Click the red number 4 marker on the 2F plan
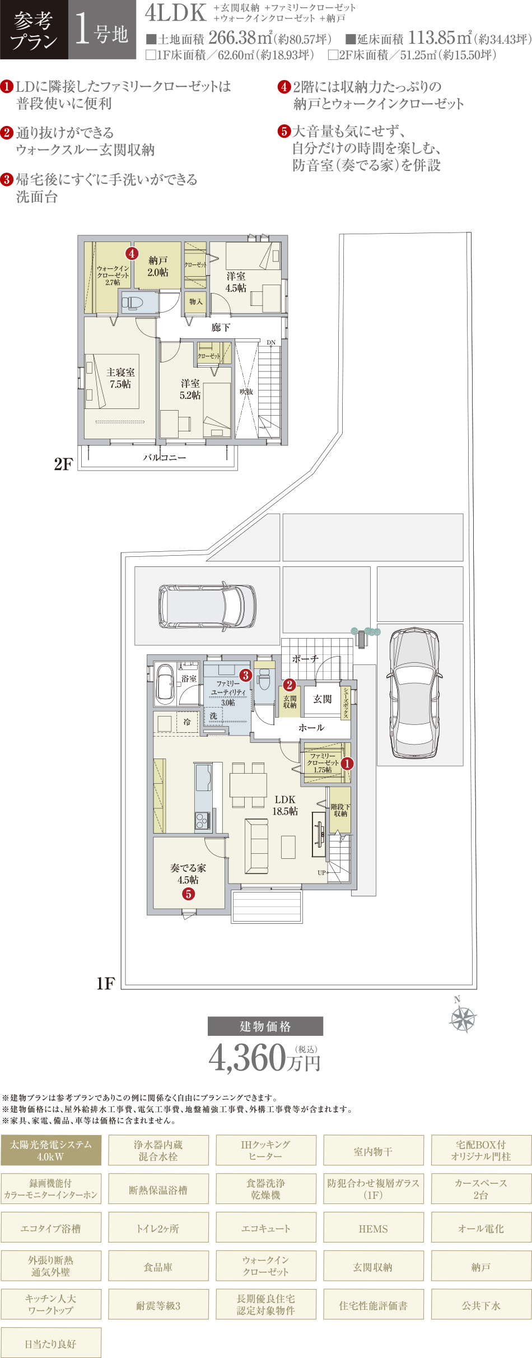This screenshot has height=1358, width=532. point(132,253)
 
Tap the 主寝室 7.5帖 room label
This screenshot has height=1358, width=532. point(121,378)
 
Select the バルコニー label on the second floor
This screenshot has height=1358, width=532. point(165,457)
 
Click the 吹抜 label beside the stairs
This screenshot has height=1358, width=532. point(246,392)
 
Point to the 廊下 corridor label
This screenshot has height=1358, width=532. point(221,327)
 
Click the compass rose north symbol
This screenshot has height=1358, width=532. point(463,1017)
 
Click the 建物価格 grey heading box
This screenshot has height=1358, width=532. point(265,1026)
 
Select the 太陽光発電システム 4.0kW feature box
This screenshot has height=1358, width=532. point(51,1150)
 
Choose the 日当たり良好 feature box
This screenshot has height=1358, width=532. point(51,1342)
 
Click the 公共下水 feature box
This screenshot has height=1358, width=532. point(481,1304)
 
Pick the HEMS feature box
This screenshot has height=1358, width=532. point(374,1227)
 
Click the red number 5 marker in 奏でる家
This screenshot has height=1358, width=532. point(189,894)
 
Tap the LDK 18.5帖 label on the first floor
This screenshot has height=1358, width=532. point(285,805)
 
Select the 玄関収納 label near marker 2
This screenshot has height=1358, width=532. point(290,702)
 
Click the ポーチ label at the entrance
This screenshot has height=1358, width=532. point(305,659)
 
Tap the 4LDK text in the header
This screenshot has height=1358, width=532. point(176,13)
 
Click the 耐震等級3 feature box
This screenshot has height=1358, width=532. point(158,1304)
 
